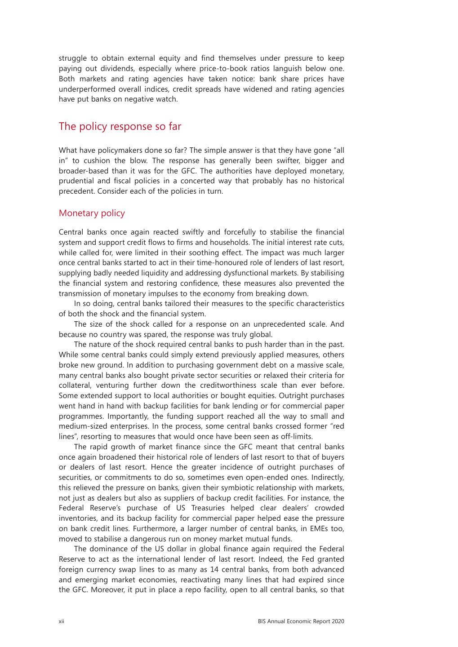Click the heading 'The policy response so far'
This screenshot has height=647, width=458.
click(120, 127)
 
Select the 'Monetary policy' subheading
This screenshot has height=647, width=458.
click(92, 213)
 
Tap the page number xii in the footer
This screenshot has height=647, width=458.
click(62, 621)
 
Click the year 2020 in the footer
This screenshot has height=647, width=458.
click(337, 621)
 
